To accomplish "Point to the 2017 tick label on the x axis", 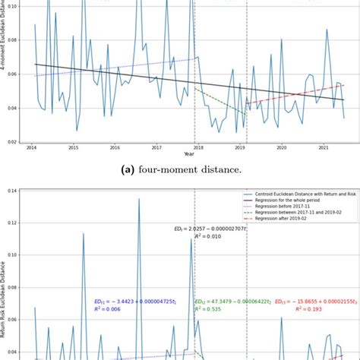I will [156, 148].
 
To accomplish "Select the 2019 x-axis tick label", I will [239, 148].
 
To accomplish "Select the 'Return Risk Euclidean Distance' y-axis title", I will [6, 296].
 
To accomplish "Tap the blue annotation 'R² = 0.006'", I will [106, 310].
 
